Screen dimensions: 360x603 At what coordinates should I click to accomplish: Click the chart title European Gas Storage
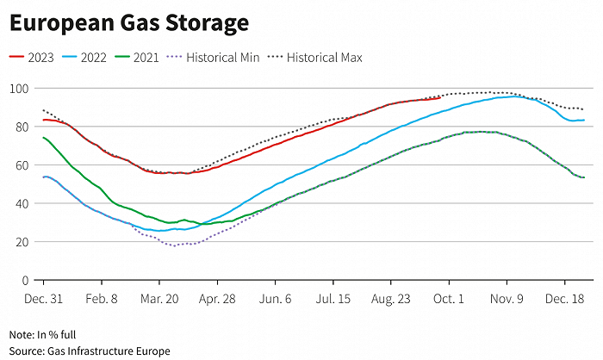click(x=129, y=23)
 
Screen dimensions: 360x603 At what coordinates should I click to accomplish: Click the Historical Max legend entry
click(x=315, y=58)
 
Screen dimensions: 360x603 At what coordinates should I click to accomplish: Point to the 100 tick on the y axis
click(x=18, y=89)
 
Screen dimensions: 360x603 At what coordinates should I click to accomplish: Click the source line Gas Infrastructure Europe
click(x=90, y=351)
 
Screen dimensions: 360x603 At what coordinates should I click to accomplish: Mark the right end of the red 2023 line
click(x=440, y=98)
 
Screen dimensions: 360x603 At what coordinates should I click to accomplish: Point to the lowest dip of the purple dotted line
click(x=175, y=245)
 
